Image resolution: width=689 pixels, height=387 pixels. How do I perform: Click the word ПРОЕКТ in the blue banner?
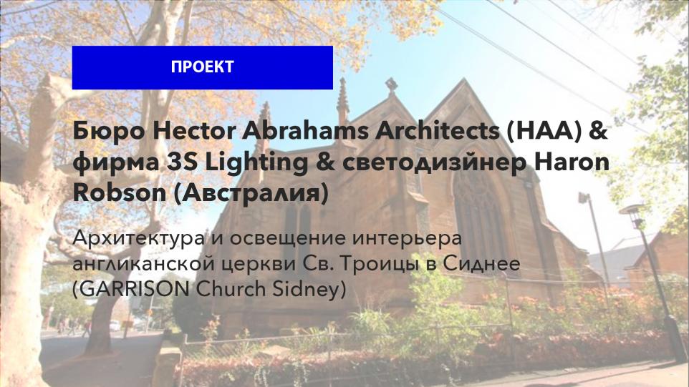pyautogui.click(x=202, y=67)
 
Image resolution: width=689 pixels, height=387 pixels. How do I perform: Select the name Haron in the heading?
pyautogui.click(x=572, y=162)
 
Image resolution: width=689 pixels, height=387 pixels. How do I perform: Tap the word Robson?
pyautogui.click(x=120, y=193)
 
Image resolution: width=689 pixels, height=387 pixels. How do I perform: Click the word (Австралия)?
pyautogui.click(x=251, y=194)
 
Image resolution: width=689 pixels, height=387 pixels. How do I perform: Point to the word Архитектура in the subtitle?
pyautogui.click(x=139, y=239)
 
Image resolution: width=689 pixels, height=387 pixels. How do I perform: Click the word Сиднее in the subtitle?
pyautogui.click(x=481, y=263)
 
